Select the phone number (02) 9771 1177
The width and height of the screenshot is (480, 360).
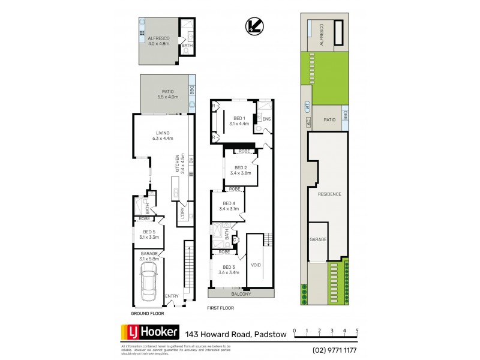[x=334, y=349]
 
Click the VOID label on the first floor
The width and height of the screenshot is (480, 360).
[x=256, y=265]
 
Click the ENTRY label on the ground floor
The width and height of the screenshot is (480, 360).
[x=172, y=296]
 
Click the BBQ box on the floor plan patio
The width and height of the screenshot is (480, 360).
[x=191, y=91]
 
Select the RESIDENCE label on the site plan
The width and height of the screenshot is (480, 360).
[x=329, y=194]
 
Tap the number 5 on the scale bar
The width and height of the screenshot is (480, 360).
[x=358, y=331]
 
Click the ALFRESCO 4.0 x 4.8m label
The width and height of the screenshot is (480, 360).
[x=159, y=41]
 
